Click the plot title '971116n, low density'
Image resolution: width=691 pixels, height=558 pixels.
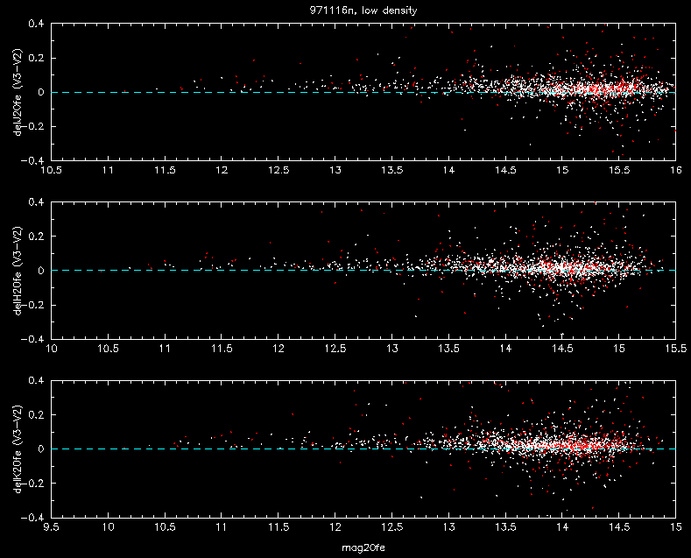click(363, 11)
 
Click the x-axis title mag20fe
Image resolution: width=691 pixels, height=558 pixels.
click(363, 547)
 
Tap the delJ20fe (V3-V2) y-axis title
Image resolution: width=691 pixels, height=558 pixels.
click(18, 92)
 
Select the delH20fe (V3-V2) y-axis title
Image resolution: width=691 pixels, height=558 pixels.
click(18, 271)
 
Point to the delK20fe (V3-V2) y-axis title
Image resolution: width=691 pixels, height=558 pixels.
click(18, 449)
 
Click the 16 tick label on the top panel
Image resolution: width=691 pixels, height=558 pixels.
click(675, 170)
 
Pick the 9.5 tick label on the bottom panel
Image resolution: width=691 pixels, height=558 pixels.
click(52, 527)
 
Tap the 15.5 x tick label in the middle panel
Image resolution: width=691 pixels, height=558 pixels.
click(675, 349)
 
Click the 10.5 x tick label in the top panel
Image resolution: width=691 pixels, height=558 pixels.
click(52, 170)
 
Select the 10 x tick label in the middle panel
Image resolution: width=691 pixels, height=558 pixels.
click(52, 349)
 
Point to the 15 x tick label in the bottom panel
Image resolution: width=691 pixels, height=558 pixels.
click(675, 527)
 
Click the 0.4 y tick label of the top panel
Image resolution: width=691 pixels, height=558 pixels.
click(36, 24)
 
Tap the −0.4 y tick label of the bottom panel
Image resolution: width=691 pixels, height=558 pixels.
click(32, 518)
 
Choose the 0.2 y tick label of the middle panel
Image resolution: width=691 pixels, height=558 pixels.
click(36, 237)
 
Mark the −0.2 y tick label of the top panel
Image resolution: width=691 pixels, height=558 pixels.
click(32, 126)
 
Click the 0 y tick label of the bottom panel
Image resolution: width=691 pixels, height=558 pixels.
click(41, 449)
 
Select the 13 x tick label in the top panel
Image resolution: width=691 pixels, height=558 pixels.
click(335, 170)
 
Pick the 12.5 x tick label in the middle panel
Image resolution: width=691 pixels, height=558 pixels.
click(335, 349)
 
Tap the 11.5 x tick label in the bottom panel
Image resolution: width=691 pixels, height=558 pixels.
click(279, 527)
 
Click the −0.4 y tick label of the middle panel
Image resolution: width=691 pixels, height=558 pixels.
click(32, 339)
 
